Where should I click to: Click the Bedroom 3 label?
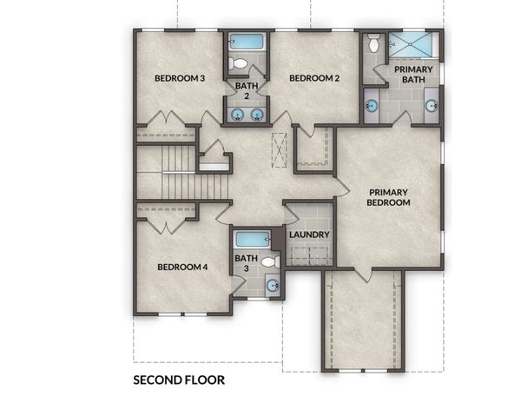[180, 78]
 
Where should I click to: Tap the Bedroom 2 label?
[314, 78]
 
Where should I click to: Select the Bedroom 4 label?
[182, 268]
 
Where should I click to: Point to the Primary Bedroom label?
[388, 197]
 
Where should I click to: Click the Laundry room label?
[309, 235]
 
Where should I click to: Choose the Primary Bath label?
[413, 75]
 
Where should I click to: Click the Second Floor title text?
[179, 380]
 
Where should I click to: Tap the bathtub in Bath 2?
[247, 42]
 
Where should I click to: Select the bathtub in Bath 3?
[253, 239]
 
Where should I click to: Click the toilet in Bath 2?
[238, 63]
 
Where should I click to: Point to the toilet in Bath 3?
[271, 261]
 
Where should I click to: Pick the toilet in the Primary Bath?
[373, 43]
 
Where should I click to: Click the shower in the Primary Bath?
[411, 44]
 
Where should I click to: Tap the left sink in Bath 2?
[237, 115]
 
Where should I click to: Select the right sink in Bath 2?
[256, 115]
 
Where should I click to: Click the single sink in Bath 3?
[274, 286]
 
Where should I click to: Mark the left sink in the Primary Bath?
[372, 106]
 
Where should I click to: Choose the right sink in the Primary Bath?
[432, 106]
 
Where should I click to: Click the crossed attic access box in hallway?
[279, 150]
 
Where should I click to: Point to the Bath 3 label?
[247, 263]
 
